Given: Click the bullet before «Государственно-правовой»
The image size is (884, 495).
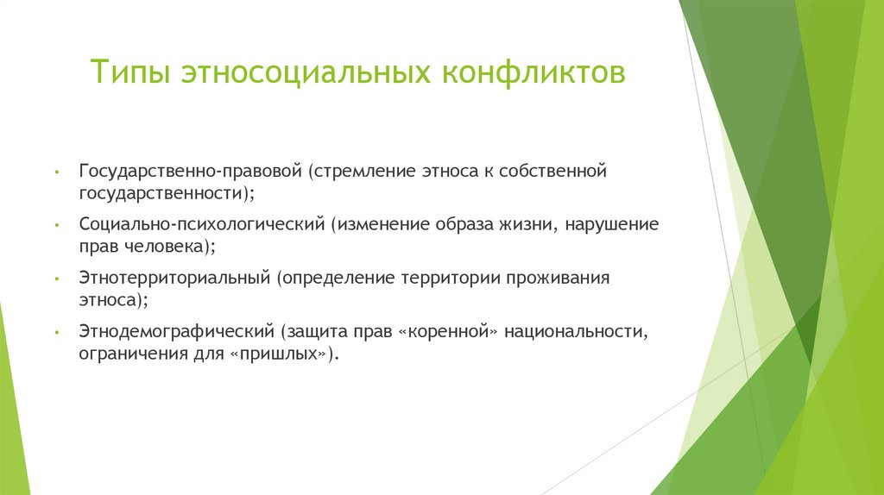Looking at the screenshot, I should point(56,172).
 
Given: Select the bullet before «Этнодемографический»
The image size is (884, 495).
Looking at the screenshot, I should point(56,332).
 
